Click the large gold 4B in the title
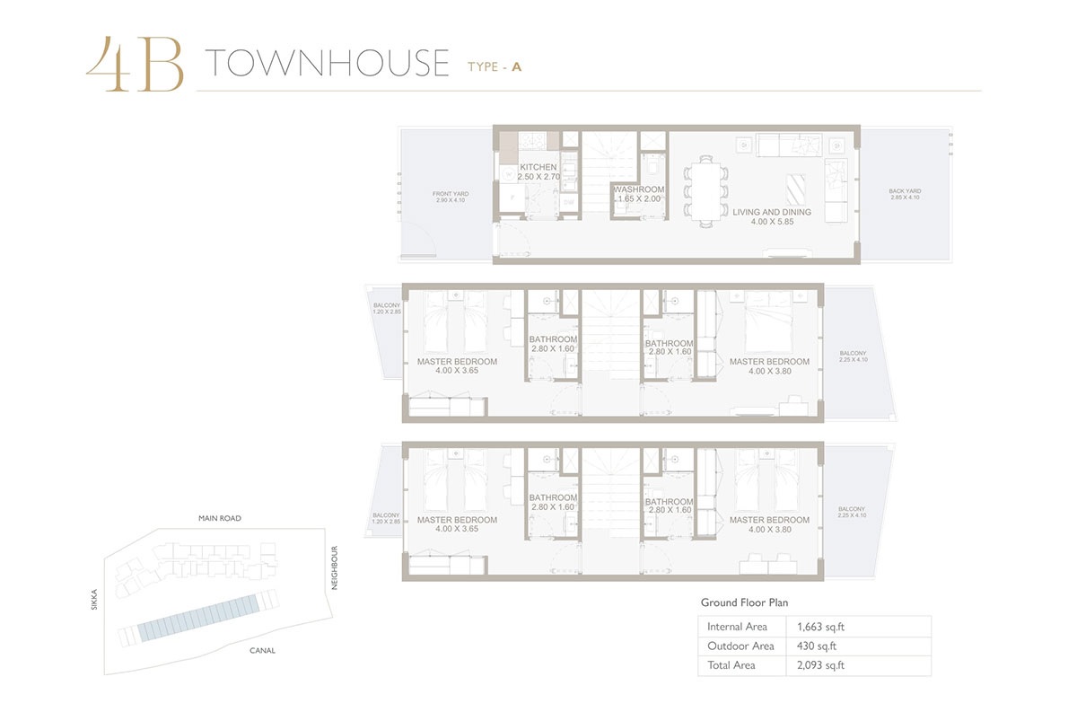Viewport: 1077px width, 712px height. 135,65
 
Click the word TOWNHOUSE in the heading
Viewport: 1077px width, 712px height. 327,64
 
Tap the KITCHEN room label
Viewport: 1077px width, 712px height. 538,167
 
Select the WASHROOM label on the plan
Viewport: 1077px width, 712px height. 638,189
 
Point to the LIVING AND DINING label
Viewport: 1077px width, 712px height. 771,213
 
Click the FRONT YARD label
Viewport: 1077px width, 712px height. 451,193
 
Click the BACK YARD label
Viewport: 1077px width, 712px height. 905,191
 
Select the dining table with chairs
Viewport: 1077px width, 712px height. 706,189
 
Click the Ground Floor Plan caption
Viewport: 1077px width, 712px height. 744,603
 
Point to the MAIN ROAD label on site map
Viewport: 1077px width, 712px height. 220,518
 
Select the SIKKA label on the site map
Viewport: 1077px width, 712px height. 93,600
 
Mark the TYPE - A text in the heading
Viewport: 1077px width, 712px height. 495,66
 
